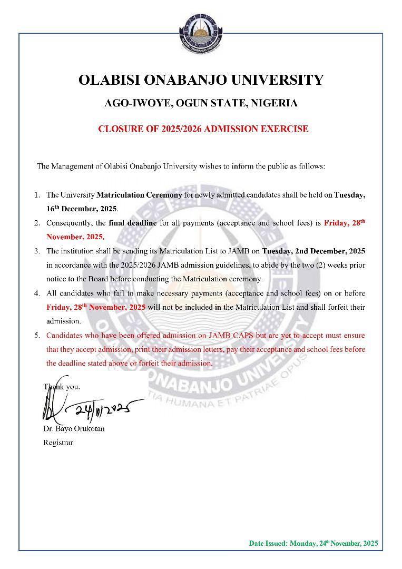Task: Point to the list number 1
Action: pyautogui.click(x=37, y=195)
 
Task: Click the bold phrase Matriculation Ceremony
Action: pyautogui.click(x=140, y=195)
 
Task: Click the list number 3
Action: pyautogui.click(x=37, y=251)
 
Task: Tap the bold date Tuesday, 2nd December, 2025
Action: pyautogui.click(x=313, y=251)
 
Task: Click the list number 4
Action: pyautogui.click(x=37, y=293)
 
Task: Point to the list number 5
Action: pyautogui.click(x=37, y=335)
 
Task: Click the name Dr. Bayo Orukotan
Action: pyautogui.click(x=74, y=428)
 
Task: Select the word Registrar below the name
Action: pyautogui.click(x=58, y=443)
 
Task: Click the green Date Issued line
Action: pyautogui.click(x=313, y=543)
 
